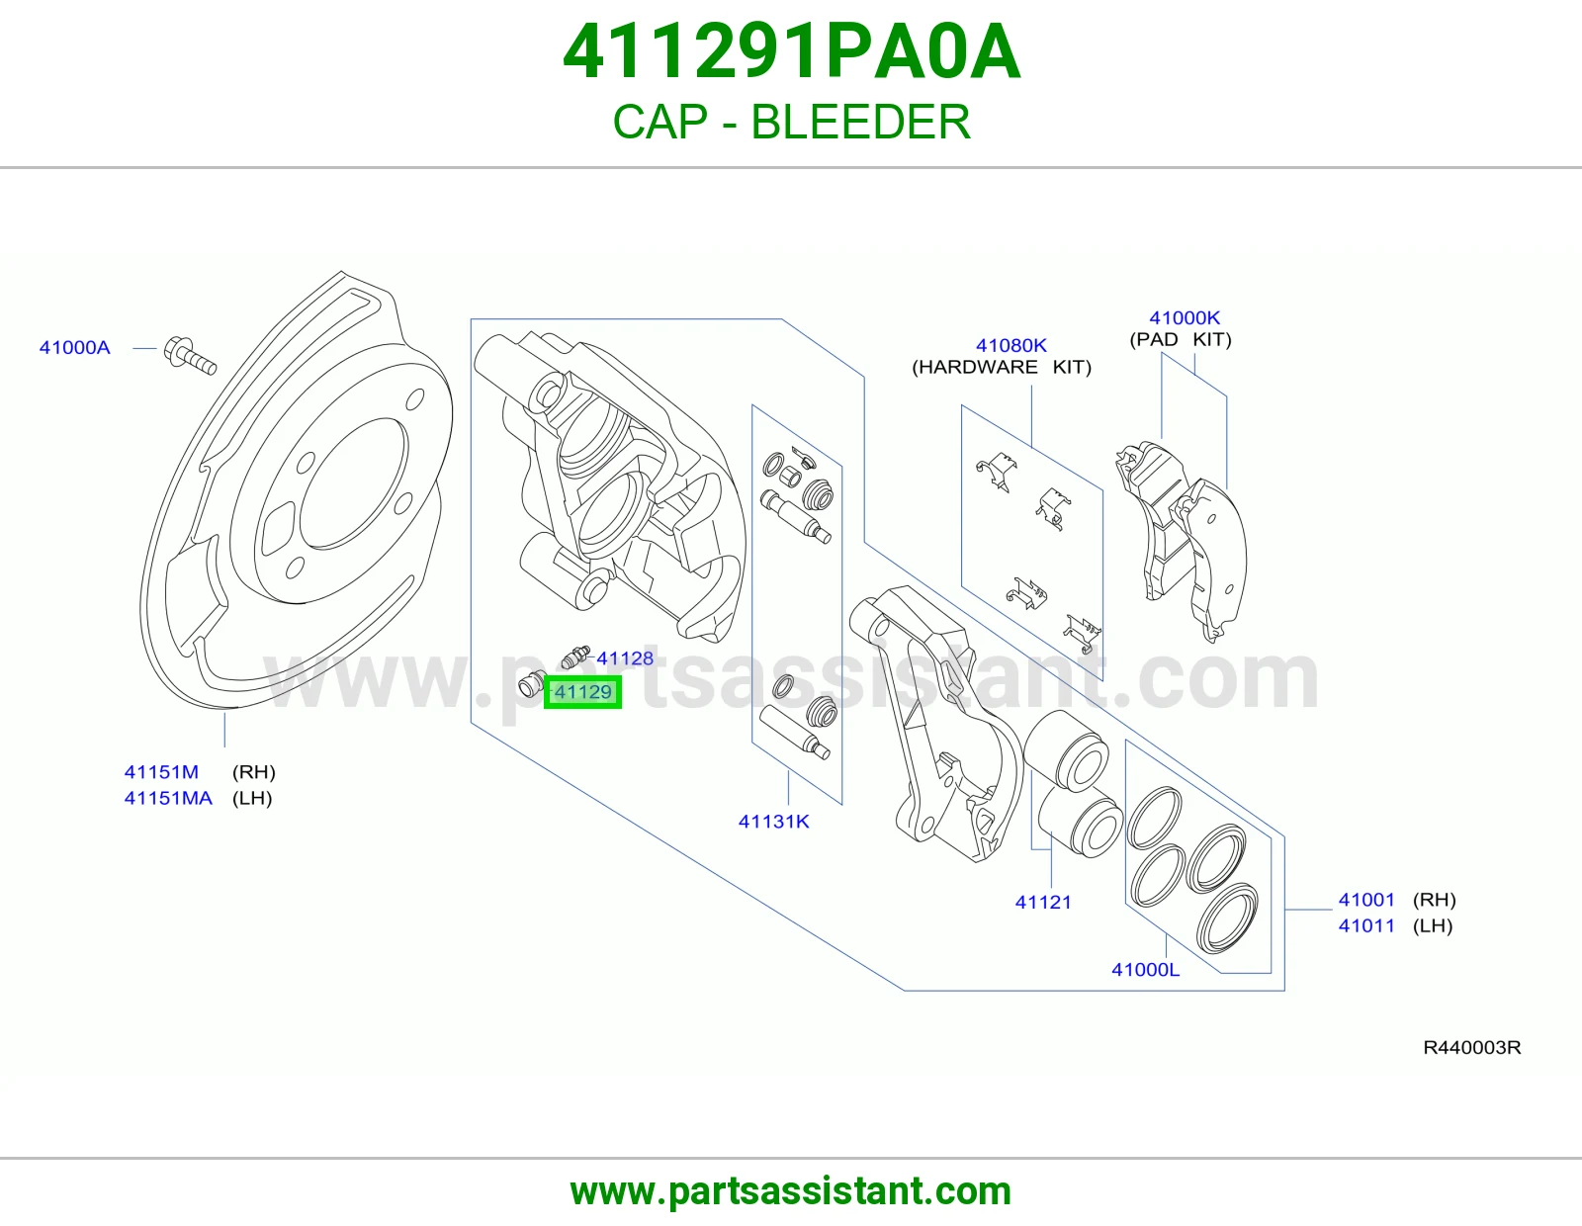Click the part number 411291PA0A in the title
click(791, 51)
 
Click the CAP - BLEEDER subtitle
click(791, 122)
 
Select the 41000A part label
click(74, 347)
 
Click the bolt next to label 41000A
click(190, 356)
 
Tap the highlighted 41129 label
click(582, 692)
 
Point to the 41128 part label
click(625, 658)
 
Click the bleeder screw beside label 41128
click(575, 657)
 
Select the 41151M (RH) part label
click(200, 772)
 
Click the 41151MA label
click(168, 798)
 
